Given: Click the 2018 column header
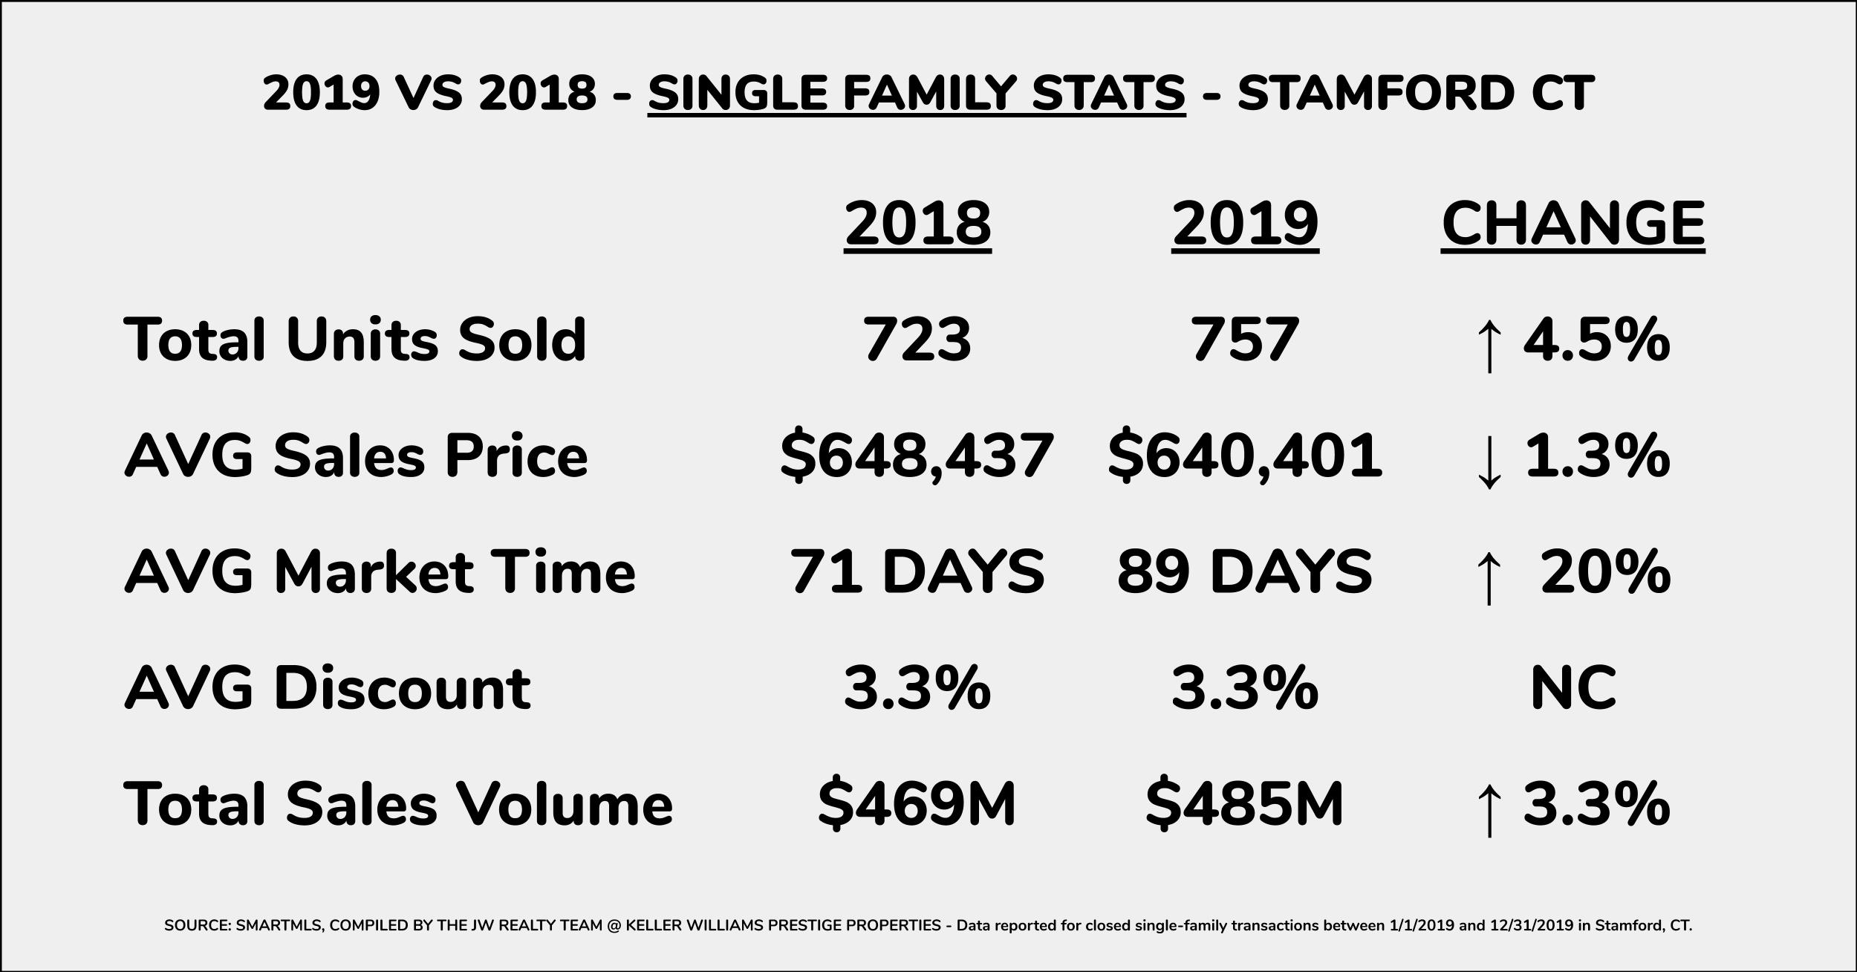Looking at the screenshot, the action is [917, 224].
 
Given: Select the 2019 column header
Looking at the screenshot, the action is [1245, 224].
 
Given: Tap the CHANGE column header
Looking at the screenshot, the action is [1573, 224].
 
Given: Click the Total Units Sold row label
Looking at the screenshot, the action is [355, 340].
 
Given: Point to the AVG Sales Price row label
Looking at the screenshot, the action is [356, 455].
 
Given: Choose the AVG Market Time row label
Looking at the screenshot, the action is [380, 571].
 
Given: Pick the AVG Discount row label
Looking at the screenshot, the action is [327, 687].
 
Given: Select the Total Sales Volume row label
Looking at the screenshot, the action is [398, 803].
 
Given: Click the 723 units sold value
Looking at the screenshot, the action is [917, 340].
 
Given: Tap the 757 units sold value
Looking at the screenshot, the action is [1245, 340].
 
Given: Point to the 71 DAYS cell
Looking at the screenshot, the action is [917, 571].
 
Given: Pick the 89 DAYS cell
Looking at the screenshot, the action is [1245, 571].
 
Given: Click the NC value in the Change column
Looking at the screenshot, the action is [1573, 687].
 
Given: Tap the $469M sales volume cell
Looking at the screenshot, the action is [917, 803].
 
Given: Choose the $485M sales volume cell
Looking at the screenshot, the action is [1245, 803].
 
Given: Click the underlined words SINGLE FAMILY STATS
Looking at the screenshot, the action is [917, 93].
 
